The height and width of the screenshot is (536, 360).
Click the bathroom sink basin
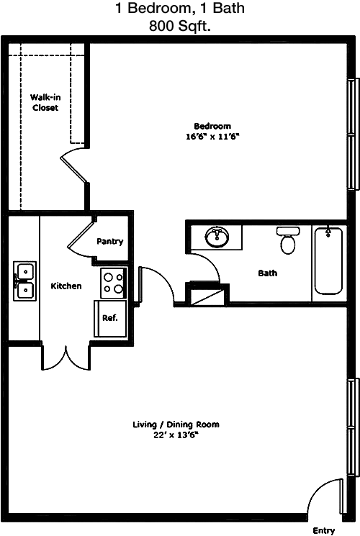(217, 237)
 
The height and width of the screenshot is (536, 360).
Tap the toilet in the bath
(288, 240)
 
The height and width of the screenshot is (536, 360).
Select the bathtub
(328, 261)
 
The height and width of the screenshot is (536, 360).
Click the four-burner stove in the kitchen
(114, 283)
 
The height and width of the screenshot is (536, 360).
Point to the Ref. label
(110, 318)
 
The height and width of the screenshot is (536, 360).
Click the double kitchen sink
(24, 281)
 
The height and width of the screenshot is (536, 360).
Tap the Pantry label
(109, 241)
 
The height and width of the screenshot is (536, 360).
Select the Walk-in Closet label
(45, 103)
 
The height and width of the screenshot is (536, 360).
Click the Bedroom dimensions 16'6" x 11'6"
(212, 137)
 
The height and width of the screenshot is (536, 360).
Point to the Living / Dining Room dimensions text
(176, 435)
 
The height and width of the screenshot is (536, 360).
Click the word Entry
(324, 530)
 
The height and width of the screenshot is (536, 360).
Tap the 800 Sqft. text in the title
(180, 26)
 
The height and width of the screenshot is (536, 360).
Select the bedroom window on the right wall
(354, 134)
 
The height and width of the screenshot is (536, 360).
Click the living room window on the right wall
(354, 427)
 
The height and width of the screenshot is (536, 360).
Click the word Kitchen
(66, 286)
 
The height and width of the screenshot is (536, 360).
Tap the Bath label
(268, 273)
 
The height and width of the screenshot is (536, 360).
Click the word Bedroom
(212, 126)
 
